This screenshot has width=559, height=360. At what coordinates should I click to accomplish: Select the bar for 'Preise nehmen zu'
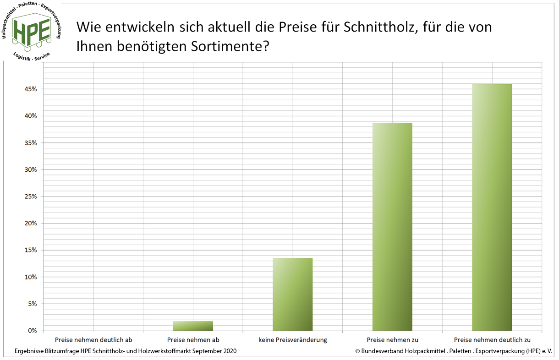[392, 226]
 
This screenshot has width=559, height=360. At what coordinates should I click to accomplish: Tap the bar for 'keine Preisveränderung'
[292, 294]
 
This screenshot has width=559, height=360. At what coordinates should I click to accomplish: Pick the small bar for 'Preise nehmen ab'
[193, 326]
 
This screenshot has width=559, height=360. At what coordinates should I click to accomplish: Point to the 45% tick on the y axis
[32, 89]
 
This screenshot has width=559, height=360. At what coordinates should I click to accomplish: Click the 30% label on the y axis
[32, 169]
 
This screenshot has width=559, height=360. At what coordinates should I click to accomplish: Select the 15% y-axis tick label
[32, 250]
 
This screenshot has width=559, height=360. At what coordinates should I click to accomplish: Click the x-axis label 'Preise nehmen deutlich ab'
[93, 340]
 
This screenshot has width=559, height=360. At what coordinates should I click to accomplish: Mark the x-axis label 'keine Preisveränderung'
[292, 340]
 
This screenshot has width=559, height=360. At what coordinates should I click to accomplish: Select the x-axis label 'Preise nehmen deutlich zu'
[492, 340]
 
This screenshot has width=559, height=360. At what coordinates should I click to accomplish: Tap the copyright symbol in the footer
[357, 351]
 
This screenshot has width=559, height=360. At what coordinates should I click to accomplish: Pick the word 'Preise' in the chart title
[296, 27]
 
